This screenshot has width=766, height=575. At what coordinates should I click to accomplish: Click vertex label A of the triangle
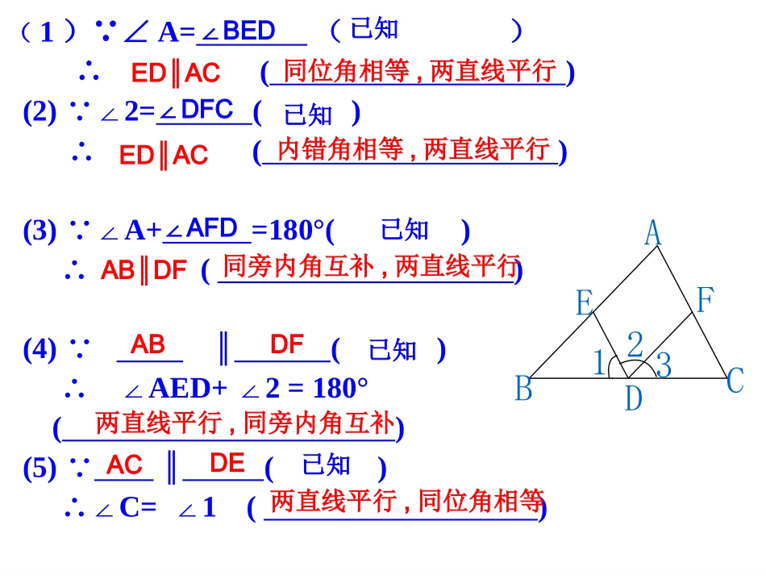coord(653,234)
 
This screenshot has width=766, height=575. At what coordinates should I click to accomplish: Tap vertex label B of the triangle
coord(524,390)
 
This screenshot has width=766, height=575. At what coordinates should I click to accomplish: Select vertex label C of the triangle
coord(735,381)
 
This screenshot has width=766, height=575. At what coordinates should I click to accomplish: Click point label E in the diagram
coord(585,303)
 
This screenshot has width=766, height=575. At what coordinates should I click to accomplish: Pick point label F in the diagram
coord(705,300)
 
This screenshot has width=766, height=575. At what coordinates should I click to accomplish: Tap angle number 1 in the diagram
coord(599,363)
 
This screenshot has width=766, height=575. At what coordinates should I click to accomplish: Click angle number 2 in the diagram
coord(635,345)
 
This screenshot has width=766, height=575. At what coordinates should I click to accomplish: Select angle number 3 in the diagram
coord(664,365)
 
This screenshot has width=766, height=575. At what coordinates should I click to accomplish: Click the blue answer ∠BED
coord(240,31)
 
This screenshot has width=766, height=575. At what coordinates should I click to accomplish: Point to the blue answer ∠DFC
coord(198,110)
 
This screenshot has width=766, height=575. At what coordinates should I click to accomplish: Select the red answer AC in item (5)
coord(124,465)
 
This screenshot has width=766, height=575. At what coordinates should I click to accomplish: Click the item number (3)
coord(40,231)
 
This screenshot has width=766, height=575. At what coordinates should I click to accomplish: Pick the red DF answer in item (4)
coord(286,345)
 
